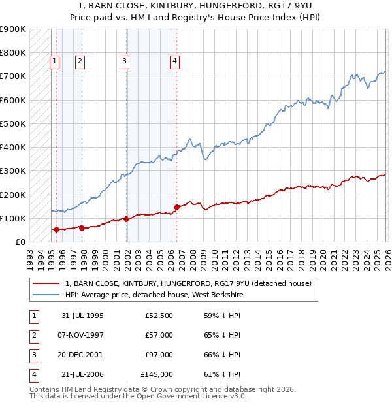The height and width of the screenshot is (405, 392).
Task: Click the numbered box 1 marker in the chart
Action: coord(54,61)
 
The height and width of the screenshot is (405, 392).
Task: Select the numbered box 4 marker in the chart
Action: coord(175,61)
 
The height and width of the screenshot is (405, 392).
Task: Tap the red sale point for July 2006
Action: coord(176,208)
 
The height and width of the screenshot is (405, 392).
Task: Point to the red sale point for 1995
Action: coord(56,229)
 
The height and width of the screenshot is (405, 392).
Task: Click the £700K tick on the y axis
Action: coord(13,76)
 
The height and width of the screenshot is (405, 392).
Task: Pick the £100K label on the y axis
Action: coord(13,218)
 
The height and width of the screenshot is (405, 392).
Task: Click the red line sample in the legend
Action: coord(46,284)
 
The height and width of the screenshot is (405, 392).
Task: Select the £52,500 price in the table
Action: coord(159,316)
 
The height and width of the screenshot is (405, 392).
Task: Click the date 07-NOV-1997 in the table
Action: coord(82,335)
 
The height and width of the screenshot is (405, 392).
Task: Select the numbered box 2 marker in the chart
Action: coord(80,61)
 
